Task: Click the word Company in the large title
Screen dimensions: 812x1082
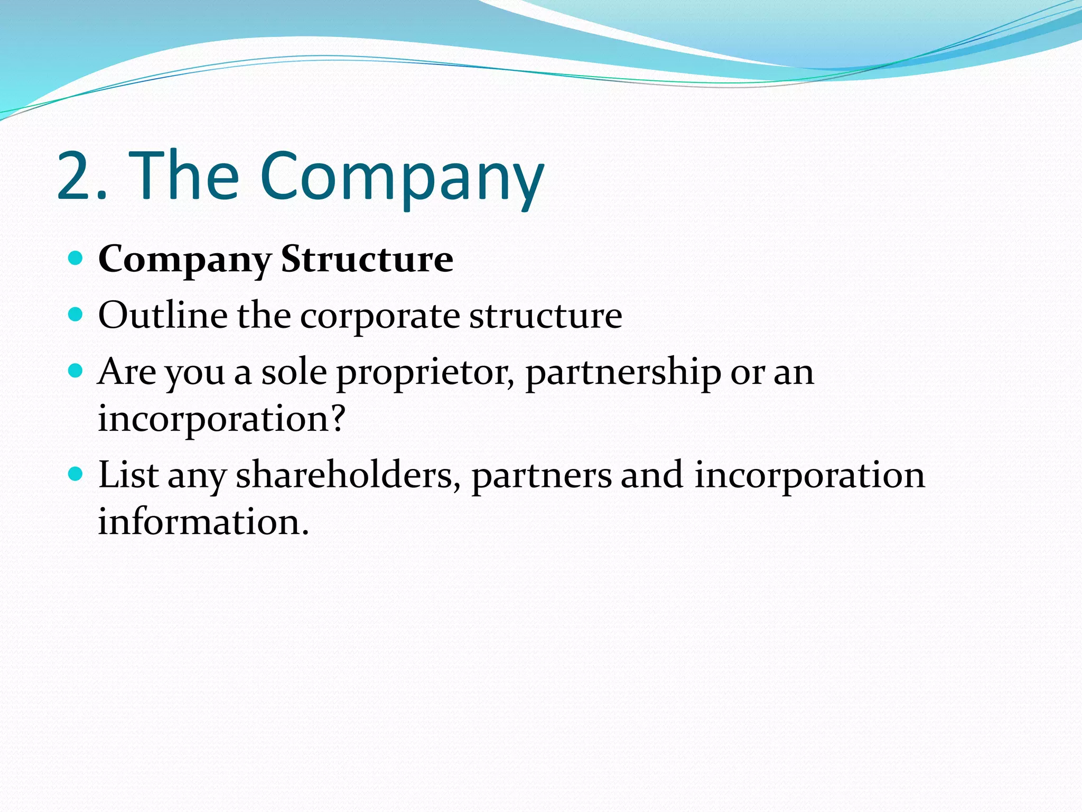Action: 402,178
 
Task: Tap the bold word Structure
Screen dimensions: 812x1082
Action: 367,259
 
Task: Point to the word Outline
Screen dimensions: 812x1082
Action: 163,315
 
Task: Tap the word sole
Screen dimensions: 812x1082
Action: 294,372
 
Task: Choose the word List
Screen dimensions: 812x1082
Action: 128,474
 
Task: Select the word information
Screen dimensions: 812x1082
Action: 203,521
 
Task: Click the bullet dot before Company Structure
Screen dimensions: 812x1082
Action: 76,259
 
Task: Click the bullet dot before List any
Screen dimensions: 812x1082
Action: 76,474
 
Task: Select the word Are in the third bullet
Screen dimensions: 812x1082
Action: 127,372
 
